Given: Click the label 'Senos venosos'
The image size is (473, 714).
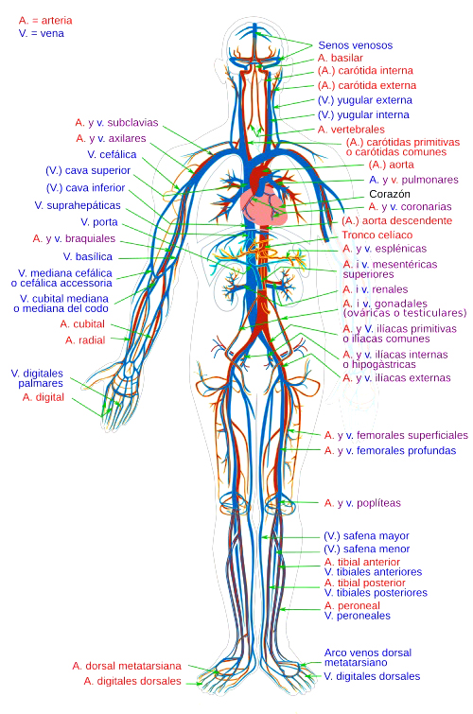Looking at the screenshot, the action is (355, 45).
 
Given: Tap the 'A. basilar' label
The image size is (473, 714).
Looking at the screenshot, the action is (341, 58).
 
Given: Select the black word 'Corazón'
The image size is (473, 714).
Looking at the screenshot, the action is (390, 194).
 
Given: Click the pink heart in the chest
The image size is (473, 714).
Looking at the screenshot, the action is (264, 207).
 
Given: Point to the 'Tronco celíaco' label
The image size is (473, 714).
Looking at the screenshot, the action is (377, 235).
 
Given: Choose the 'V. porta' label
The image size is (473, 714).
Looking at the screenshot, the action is (99, 221).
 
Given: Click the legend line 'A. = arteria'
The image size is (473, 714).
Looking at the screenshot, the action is (45, 21).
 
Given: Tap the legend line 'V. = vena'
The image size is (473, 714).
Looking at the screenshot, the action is (41, 33).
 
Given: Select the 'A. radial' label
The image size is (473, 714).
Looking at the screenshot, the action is (85, 340).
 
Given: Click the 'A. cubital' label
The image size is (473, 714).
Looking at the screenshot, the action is (82, 323).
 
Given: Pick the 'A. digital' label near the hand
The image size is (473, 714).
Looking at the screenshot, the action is (44, 397).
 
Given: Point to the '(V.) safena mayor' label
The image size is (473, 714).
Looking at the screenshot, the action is (366, 536).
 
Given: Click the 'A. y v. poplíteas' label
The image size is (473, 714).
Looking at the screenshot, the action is (362, 503).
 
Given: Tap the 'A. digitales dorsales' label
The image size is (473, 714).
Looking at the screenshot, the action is (132, 681).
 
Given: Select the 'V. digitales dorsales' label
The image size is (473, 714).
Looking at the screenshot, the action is (372, 676).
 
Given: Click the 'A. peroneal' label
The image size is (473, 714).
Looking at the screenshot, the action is (352, 605).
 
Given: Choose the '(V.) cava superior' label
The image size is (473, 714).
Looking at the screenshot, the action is (88, 170).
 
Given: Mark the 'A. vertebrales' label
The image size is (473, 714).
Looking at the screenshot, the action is (351, 130).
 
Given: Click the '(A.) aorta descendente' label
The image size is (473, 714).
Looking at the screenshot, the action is (397, 221).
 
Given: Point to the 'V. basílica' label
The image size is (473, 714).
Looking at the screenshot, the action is (87, 256).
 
